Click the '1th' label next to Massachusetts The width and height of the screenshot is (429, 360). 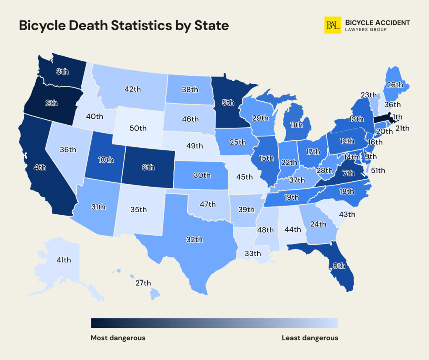(x=398, y=117)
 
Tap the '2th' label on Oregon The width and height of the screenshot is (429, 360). (x=51, y=103)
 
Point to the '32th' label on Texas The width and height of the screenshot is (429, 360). (x=194, y=239)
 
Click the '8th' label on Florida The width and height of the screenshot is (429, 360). (x=339, y=265)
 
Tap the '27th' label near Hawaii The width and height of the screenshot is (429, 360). (x=143, y=283)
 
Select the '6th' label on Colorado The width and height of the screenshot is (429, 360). (x=148, y=167)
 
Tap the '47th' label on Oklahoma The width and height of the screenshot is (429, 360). (x=207, y=204)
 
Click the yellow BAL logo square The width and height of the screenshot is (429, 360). (x=333, y=26)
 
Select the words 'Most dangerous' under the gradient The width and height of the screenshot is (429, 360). (x=118, y=338)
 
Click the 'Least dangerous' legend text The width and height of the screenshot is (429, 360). (x=310, y=338)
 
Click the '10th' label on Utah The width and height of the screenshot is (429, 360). (x=106, y=159)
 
